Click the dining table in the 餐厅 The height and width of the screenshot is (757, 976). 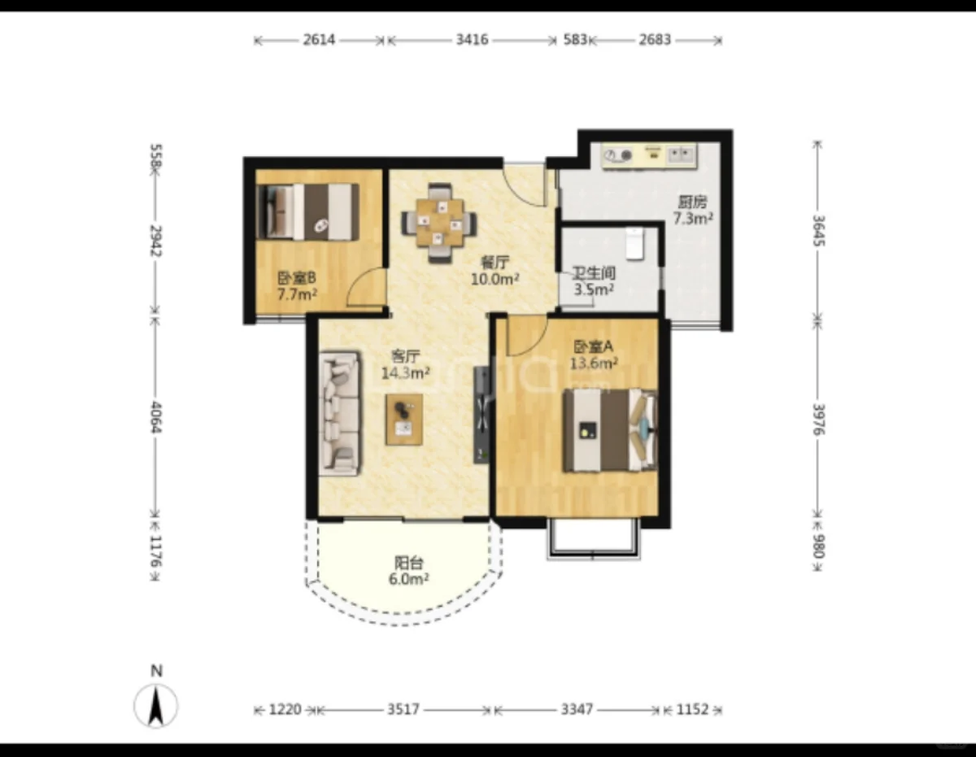click(440, 223)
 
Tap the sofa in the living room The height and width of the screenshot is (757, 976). click(340, 413)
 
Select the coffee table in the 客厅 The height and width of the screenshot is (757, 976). click(404, 420)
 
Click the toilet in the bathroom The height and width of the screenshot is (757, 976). click(634, 243)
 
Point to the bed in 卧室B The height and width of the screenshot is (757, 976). click(308, 211)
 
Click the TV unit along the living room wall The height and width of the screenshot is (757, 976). click(481, 415)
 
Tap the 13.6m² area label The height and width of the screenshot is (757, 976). click(594, 363)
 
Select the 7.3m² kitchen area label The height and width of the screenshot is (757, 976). click(693, 219)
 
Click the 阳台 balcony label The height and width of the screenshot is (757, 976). click(409, 563)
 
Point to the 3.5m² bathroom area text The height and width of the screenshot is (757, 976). click(594, 289)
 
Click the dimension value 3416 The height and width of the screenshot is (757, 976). click(472, 40)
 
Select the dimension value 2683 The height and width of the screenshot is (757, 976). click(655, 40)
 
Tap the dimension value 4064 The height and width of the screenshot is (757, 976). click(156, 417)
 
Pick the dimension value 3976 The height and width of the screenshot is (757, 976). click(819, 420)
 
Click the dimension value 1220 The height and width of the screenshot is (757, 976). click(285, 709)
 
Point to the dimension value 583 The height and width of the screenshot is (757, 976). click(575, 40)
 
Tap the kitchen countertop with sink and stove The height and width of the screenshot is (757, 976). click(650, 156)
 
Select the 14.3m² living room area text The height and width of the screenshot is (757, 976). click(406, 372)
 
